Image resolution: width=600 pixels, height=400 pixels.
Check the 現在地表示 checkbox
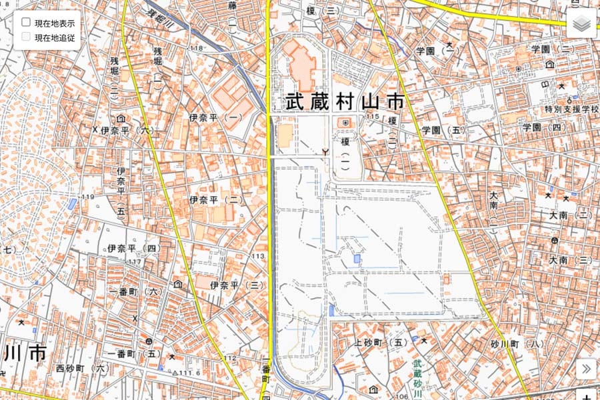coord(27,23)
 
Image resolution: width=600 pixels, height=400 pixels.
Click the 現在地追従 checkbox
coord(27,37)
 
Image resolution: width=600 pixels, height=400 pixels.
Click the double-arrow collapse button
coord(585,369)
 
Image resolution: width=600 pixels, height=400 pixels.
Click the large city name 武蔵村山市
coord(345,102)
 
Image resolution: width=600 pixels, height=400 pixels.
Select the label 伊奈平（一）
coord(215,117)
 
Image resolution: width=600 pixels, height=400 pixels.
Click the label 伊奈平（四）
coord(134,249)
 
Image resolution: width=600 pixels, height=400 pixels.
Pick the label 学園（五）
coord(443,130)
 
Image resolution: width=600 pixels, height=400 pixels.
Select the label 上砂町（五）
coord(381,343)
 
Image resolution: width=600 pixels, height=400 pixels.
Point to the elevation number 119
coord(87,197)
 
